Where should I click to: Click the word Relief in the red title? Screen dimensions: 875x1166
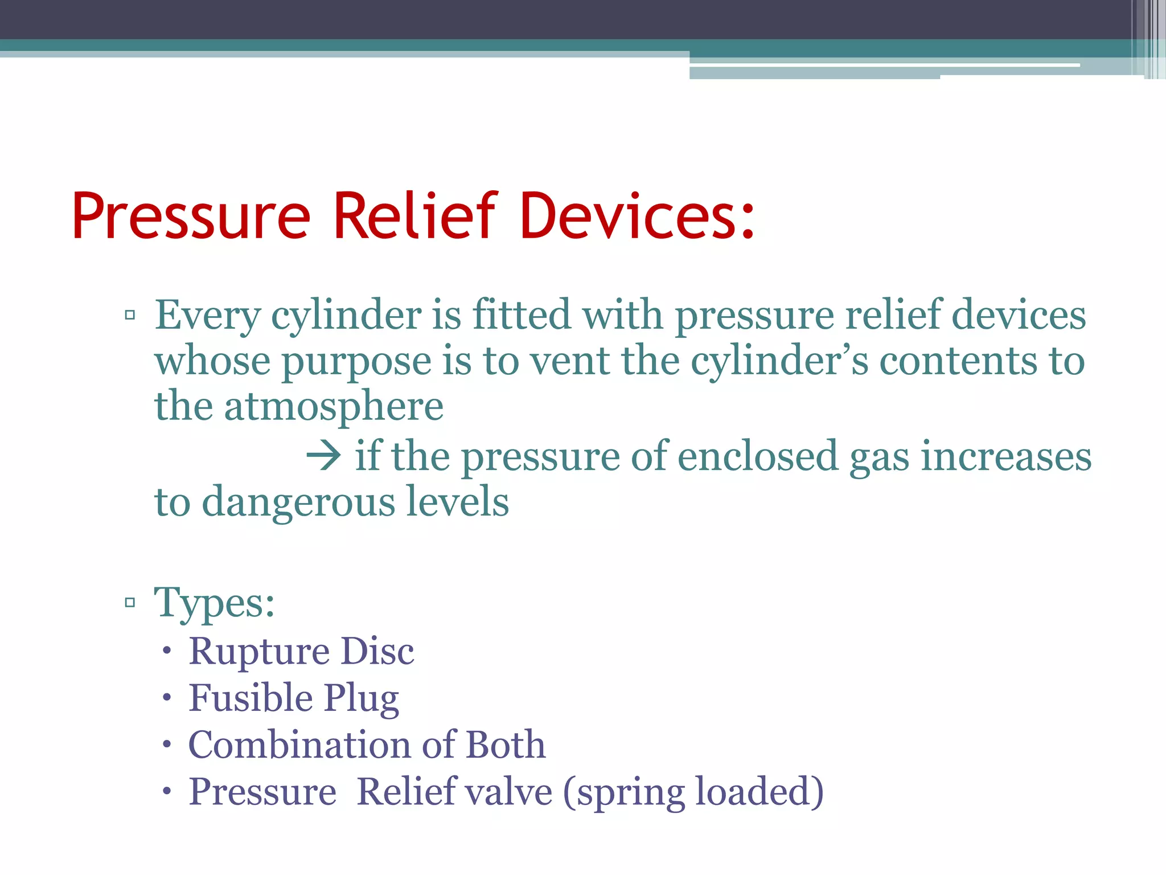tap(416, 216)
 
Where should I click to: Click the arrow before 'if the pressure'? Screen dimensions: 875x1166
tap(323, 456)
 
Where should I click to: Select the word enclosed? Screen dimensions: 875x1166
tap(758, 456)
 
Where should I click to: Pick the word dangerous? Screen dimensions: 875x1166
tap(298, 502)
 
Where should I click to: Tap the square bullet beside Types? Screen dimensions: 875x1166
tap(130, 602)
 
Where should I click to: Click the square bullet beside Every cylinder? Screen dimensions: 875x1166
tap(130, 314)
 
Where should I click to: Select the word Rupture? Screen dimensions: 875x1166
tap(259, 652)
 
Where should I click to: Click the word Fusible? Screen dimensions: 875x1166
tap(251, 698)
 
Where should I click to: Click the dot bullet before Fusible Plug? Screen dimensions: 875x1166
tap(166, 698)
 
